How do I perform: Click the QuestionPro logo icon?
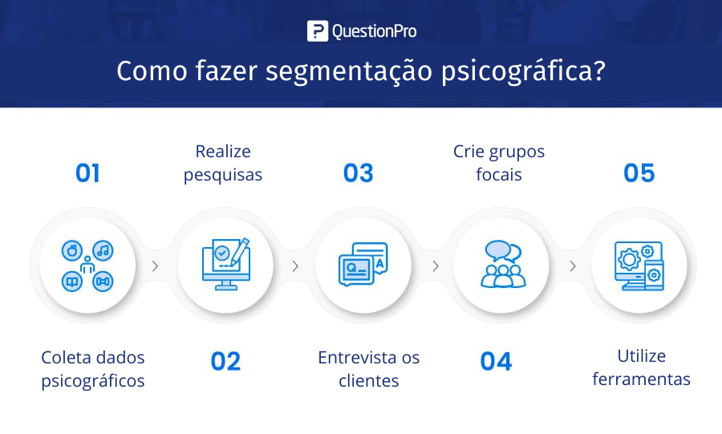point(318,30)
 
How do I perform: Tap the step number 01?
point(87,173)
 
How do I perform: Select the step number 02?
point(225,361)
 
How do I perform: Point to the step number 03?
point(359,173)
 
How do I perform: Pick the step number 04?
point(496,361)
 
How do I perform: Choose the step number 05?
point(639,173)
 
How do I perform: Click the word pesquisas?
point(223,176)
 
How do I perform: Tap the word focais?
point(499,174)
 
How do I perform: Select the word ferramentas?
point(642,379)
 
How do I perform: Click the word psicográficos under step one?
point(93,382)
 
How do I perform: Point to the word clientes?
point(369,380)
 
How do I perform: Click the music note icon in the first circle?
point(103,250)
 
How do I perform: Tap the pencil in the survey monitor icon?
point(241,251)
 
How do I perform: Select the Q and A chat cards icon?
point(363,264)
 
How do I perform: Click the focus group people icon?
point(503,264)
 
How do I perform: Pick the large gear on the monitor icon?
point(629,259)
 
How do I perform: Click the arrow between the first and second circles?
point(155,266)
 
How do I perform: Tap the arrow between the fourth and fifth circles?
point(572,266)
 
